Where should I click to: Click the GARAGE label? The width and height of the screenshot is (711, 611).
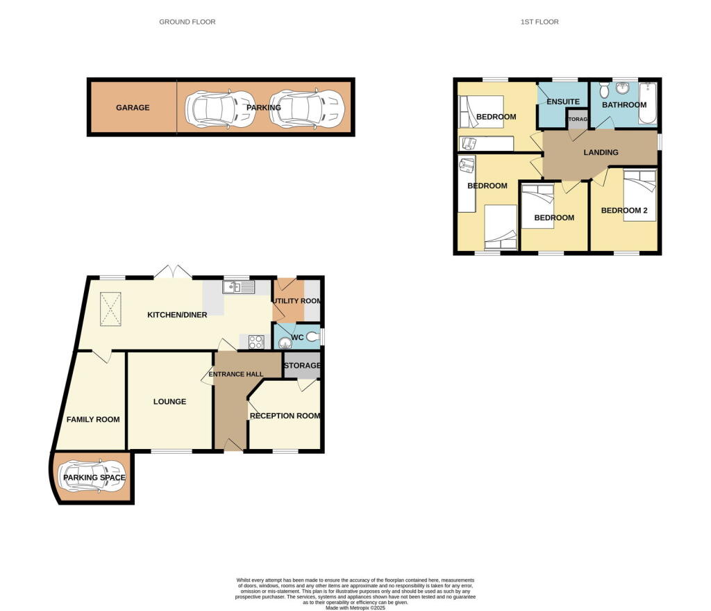click(x=132, y=108)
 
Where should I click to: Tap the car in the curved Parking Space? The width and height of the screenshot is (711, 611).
click(x=94, y=478)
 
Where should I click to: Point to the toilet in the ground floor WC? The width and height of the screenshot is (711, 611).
click(x=313, y=337)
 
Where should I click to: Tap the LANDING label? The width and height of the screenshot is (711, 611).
click(x=601, y=152)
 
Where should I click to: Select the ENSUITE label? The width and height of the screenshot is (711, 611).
click(x=563, y=102)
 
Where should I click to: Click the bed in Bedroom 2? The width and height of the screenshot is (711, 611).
click(x=639, y=195)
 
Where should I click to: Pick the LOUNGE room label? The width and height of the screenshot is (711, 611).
click(x=169, y=401)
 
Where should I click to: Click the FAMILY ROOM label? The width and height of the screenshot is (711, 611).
click(x=93, y=419)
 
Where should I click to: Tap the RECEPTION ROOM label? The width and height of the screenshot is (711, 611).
click(x=285, y=416)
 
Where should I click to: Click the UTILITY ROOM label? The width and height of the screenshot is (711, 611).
click(x=296, y=300)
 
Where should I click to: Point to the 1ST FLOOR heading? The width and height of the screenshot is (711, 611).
click(x=539, y=22)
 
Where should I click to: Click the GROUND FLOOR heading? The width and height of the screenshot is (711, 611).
click(x=187, y=22)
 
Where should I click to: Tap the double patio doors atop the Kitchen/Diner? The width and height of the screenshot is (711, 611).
click(x=172, y=272)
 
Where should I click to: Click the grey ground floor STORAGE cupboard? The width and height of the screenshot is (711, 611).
click(x=301, y=366)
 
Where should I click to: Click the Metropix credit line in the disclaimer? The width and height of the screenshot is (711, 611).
click(x=355, y=607)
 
